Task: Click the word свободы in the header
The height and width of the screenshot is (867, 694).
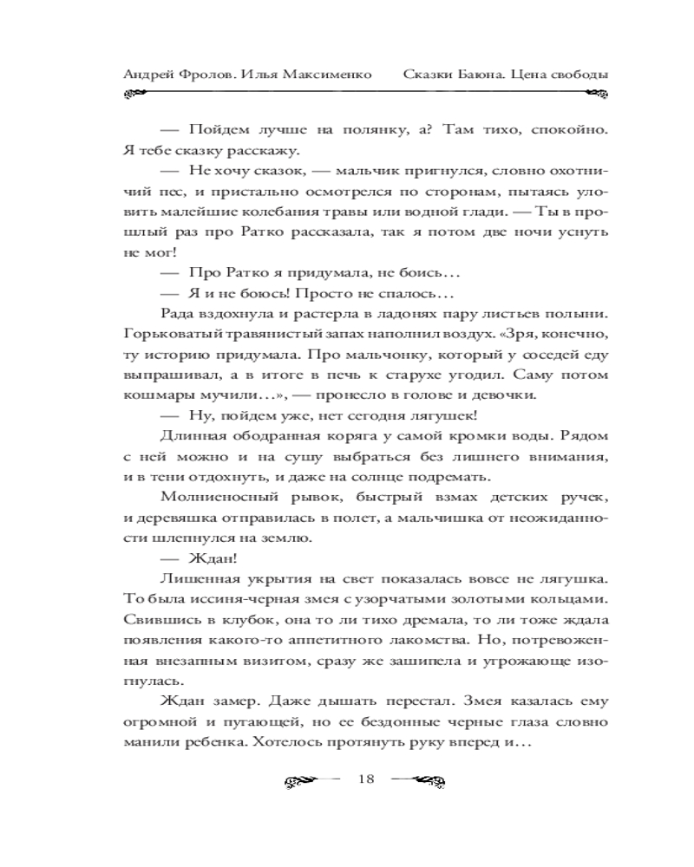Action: point(573,74)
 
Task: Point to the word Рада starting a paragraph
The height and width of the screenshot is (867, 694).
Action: point(177,312)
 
